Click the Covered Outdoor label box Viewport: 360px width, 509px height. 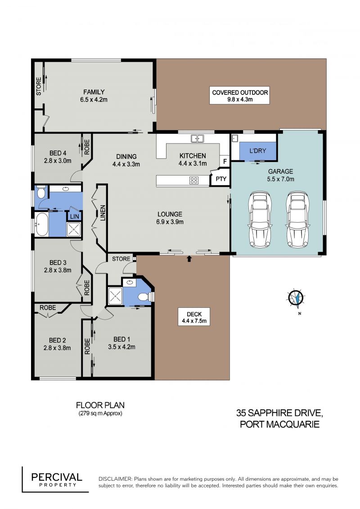239,95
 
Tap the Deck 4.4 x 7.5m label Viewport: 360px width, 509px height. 194,317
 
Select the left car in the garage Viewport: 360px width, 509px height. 260,220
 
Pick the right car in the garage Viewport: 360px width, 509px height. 297,220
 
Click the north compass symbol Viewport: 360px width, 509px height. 296,297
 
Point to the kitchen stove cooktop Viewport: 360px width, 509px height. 194,180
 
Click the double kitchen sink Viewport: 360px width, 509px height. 197,139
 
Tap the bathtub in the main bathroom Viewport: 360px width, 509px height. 42,225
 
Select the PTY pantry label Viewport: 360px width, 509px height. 221,179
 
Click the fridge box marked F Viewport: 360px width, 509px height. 225,161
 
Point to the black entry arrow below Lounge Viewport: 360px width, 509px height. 189,259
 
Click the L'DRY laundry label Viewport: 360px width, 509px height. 258,151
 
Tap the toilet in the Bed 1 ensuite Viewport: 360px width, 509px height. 144,297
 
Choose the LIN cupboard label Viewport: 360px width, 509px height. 74,216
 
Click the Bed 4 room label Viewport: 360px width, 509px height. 58,153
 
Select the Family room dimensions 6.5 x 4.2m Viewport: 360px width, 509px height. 94,99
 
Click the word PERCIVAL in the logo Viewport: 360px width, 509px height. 57,477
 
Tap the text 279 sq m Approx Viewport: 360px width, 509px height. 100,414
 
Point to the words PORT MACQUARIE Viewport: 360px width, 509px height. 279,424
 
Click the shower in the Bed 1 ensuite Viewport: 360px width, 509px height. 115,296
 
